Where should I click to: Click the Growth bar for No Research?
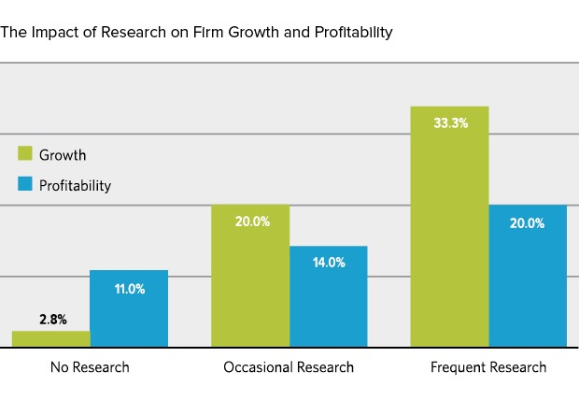click(x=51, y=339)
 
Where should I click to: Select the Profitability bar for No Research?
click(x=129, y=309)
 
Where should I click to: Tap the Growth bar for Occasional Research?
click(x=250, y=277)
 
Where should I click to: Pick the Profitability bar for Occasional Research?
click(x=328, y=297)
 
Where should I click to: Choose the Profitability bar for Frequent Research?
click(x=528, y=277)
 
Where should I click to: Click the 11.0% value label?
click(x=129, y=290)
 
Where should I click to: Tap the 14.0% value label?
click(x=329, y=263)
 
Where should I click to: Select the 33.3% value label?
click(x=450, y=122)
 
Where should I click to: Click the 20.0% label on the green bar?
click(x=251, y=221)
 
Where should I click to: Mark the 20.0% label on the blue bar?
click(x=529, y=221)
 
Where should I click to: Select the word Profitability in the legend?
click(x=75, y=185)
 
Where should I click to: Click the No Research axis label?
click(x=90, y=367)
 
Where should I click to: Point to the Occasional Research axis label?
click(x=289, y=367)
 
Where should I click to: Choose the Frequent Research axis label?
click(x=488, y=367)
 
